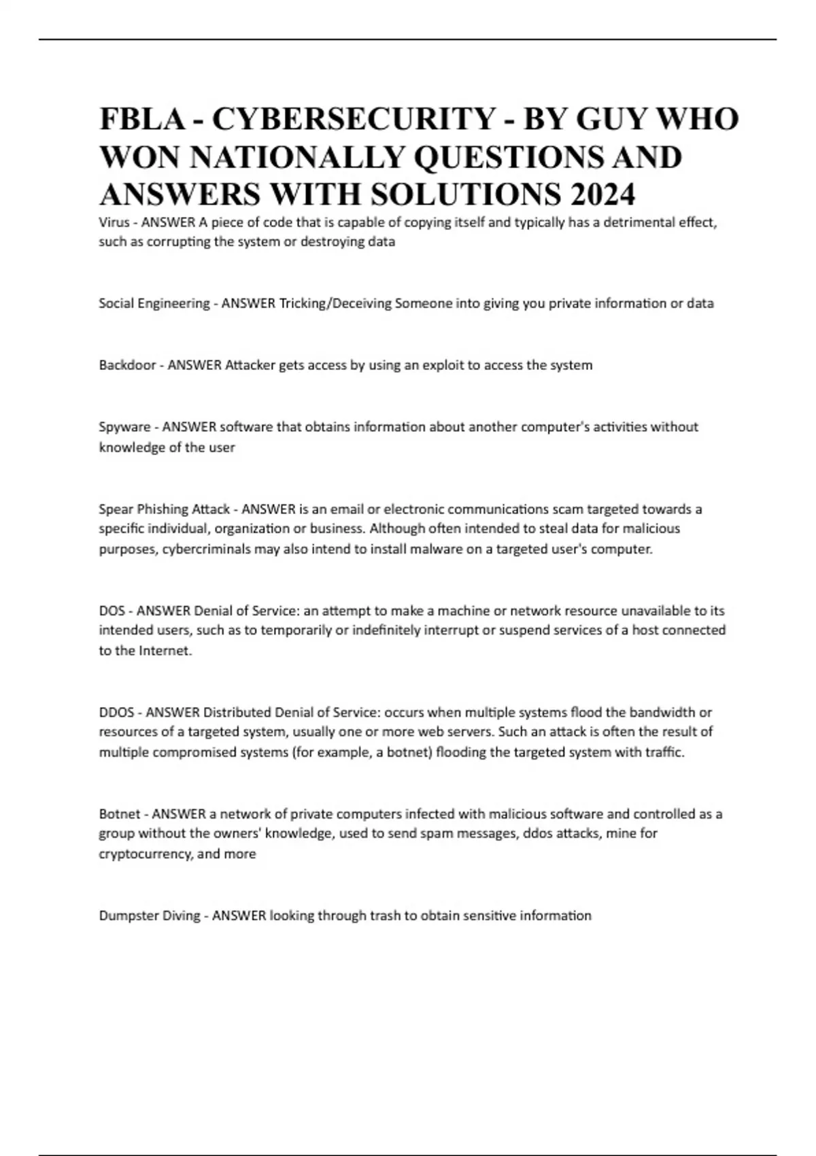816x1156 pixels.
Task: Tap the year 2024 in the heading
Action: point(602,194)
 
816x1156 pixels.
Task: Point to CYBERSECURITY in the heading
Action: point(354,119)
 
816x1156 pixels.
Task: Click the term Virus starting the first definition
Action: point(113,222)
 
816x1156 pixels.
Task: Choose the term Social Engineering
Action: point(154,303)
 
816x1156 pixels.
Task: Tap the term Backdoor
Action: point(126,365)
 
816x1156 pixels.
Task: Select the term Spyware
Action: point(124,427)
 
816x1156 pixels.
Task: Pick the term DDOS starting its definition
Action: point(116,712)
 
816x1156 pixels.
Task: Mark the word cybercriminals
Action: point(206,549)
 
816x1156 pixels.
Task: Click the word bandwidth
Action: point(663,712)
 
